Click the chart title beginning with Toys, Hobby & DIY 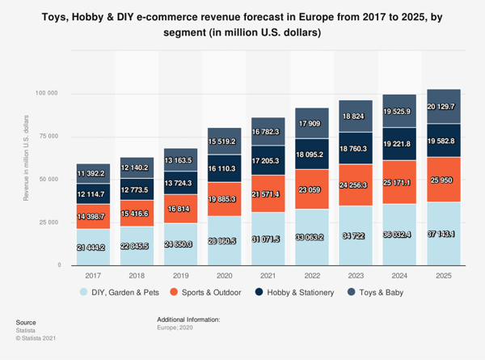(x=242, y=24)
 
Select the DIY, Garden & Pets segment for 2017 (x=93, y=247)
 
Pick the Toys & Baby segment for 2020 (x=225, y=140)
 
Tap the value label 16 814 (x=181, y=208)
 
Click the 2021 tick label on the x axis (x=268, y=275)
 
